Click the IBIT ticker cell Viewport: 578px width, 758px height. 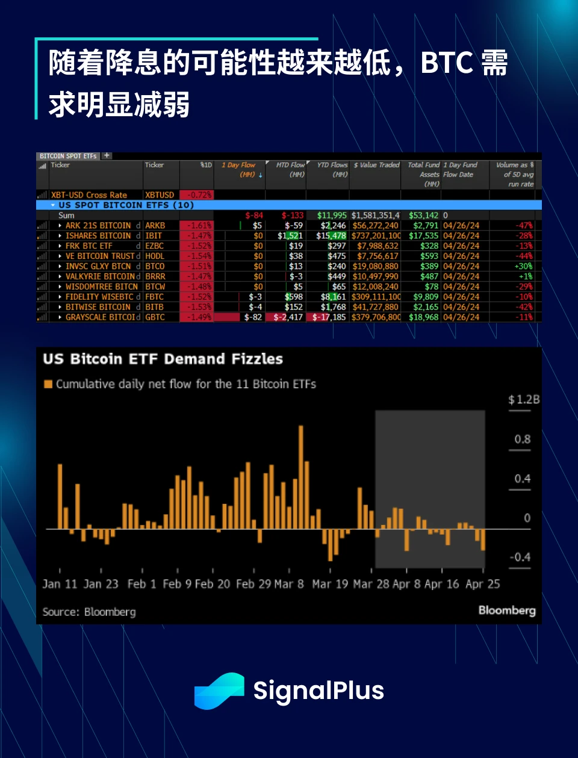click(154, 236)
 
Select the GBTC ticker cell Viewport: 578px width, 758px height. click(155, 317)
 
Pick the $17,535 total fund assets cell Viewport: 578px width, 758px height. click(424, 236)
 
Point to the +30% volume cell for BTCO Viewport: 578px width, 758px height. click(523, 266)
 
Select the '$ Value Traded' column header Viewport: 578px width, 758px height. click(377, 165)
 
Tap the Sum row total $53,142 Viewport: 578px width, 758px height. click(424, 216)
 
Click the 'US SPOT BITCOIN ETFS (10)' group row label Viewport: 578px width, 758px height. click(126, 205)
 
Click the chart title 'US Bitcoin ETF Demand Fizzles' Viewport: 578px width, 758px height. click(163, 359)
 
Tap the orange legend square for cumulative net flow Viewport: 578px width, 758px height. click(48, 384)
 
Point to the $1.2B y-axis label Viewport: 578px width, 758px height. click(524, 400)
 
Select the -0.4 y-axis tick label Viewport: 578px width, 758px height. click(520, 558)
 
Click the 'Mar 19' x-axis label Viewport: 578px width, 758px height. click(330, 584)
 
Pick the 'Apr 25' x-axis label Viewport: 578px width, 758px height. click(483, 584)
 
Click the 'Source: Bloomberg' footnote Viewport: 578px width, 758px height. click(89, 612)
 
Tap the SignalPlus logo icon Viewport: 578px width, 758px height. click(219, 691)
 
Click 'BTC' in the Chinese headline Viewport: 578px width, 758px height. click(447, 63)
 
